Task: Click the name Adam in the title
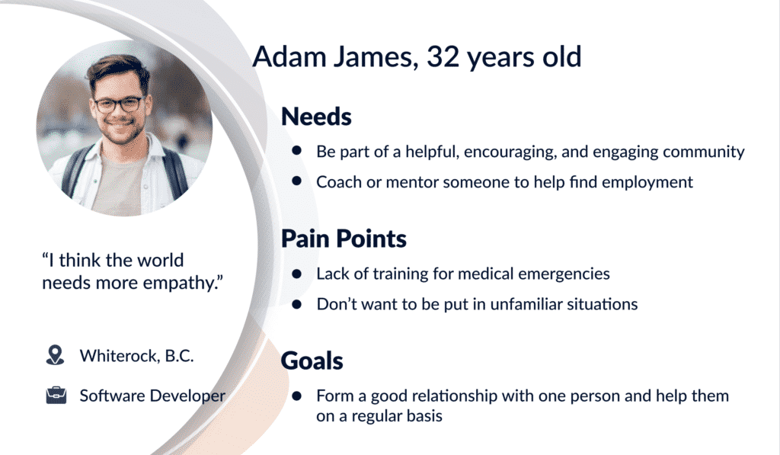coord(289,56)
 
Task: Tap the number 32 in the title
coord(443,56)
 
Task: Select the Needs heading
coord(316,117)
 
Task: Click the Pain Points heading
coord(344,239)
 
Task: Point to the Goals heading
coord(312,361)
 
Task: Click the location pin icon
coord(55,355)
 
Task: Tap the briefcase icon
coord(56,396)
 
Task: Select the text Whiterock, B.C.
coord(137,356)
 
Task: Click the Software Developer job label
coord(152,396)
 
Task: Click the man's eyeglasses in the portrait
coord(118,104)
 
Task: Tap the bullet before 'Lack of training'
coord(297,274)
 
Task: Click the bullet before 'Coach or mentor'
coord(297,181)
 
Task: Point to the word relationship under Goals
coord(455,396)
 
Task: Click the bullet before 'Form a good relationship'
coord(297,396)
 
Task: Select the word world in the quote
coord(160,260)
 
